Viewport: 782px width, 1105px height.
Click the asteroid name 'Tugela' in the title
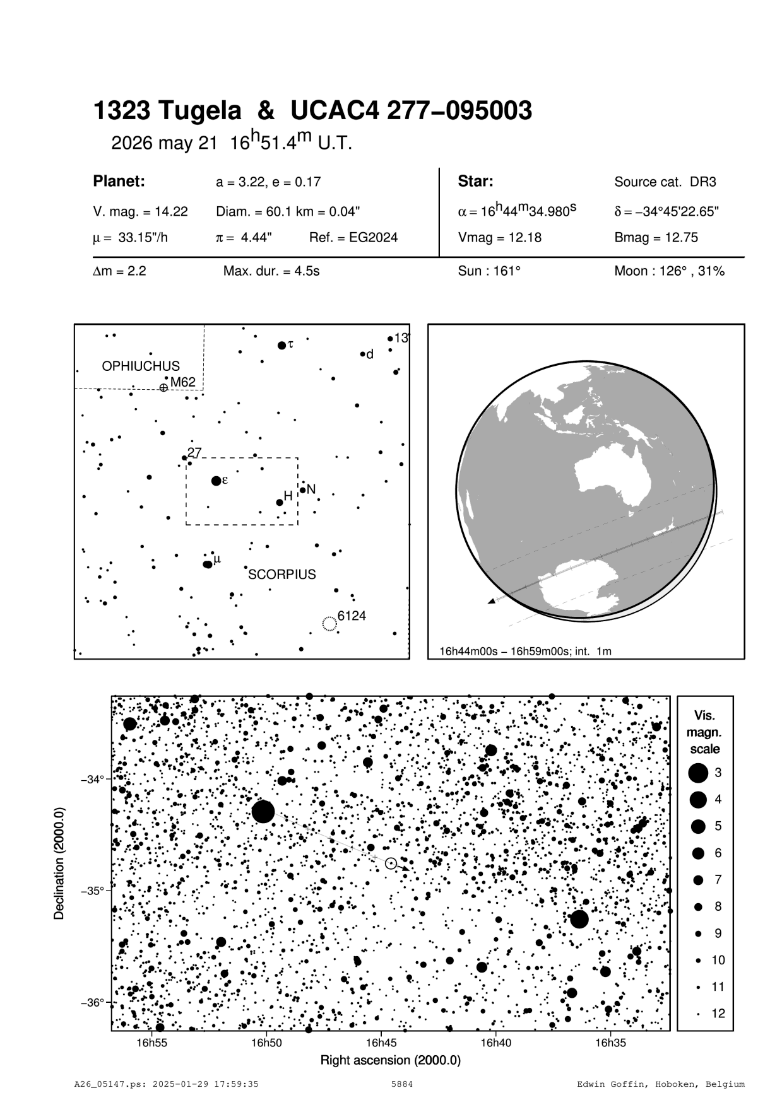click(x=199, y=111)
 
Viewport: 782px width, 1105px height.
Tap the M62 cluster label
click(x=183, y=382)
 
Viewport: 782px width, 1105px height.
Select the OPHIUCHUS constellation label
click(x=141, y=366)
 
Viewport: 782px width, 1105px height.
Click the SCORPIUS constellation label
click(x=282, y=575)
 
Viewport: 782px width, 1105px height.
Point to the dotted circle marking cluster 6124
click(x=329, y=624)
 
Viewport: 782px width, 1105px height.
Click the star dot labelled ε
click(x=216, y=481)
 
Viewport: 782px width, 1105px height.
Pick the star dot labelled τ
click(x=281, y=345)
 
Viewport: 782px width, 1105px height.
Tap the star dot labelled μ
click(x=207, y=564)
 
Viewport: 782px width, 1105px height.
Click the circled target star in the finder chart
click(x=391, y=863)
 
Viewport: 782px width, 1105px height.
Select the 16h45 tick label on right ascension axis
click(x=381, y=1043)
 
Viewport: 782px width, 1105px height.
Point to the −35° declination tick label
click(x=93, y=891)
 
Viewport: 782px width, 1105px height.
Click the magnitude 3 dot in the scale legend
click(x=698, y=773)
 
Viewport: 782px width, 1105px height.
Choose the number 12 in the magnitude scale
click(x=718, y=1014)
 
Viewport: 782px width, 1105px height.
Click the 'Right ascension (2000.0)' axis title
click(x=391, y=1060)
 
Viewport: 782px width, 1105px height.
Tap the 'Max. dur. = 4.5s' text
click(x=271, y=272)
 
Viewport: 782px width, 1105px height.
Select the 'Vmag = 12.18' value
click(x=499, y=238)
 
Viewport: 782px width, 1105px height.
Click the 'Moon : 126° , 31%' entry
click(x=669, y=272)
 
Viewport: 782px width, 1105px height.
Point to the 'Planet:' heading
click(x=119, y=182)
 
